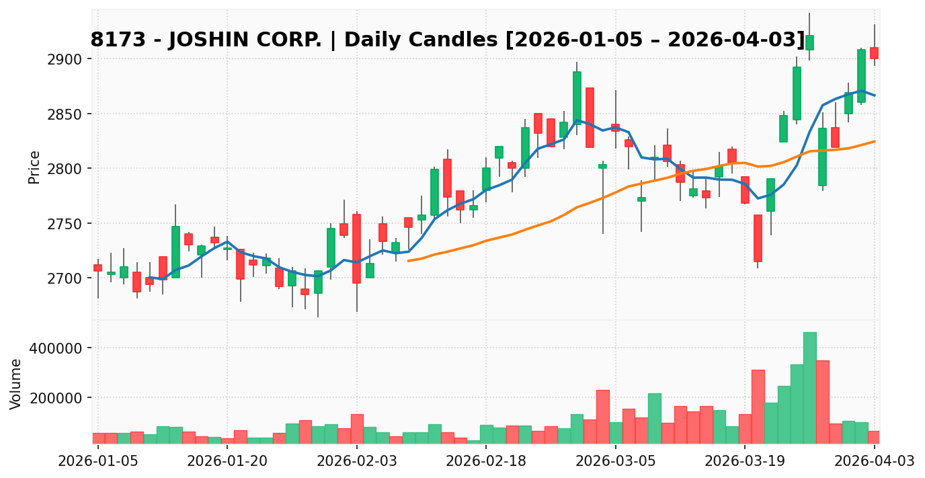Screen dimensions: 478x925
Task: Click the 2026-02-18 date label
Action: pos(486,461)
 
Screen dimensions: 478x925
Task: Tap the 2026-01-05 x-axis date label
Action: pos(98,461)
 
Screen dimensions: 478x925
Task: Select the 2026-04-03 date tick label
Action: pos(874,461)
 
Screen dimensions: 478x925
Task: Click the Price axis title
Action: pos(34,167)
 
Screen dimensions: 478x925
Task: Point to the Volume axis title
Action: pos(16,383)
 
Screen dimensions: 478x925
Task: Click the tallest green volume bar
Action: pos(809,387)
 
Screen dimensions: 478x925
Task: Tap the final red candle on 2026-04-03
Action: pos(874,53)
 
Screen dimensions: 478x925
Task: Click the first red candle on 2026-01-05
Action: pos(98,268)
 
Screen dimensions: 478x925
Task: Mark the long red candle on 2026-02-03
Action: pos(356,249)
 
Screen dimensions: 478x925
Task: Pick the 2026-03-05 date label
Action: pos(616,461)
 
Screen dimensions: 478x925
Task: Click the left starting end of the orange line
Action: pos(409,260)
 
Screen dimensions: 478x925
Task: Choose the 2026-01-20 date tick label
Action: pos(227,461)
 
